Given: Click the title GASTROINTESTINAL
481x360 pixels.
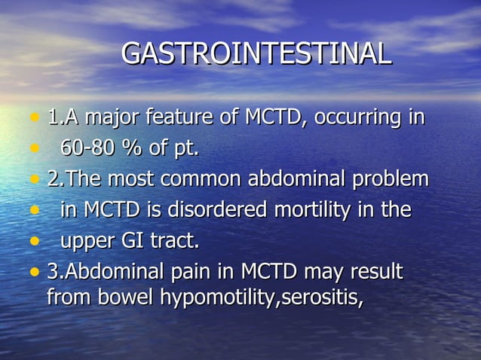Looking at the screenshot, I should (x=256, y=54).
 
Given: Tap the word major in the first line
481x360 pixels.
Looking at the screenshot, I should (x=111, y=118).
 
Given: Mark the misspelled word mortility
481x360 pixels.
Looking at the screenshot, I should (x=310, y=211).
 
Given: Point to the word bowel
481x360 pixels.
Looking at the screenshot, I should (x=128, y=297).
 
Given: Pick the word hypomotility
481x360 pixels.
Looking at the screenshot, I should (x=219, y=298).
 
